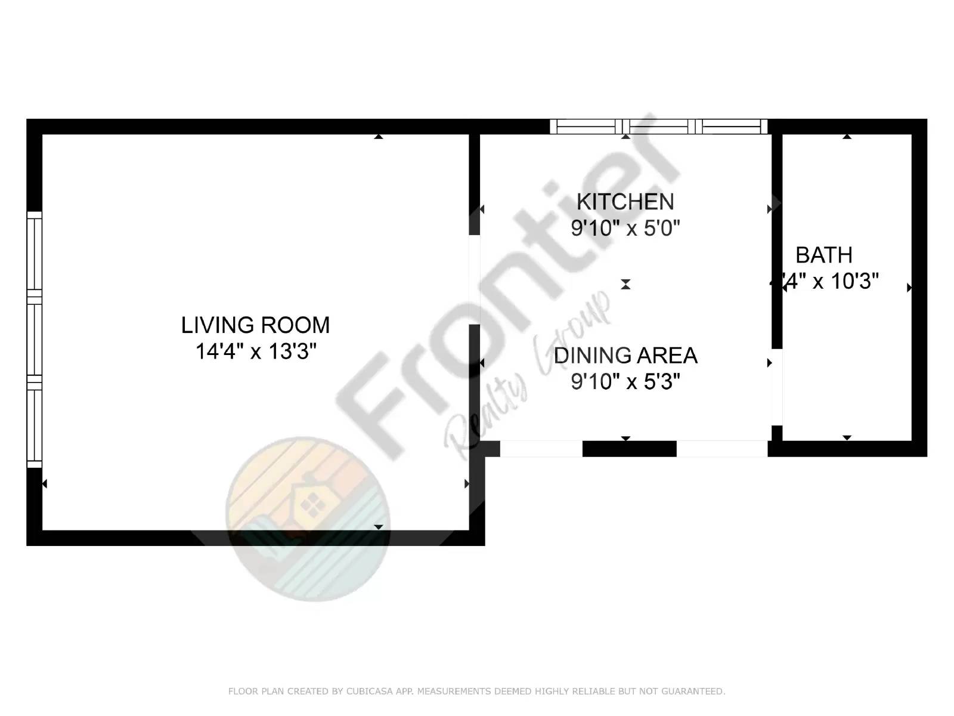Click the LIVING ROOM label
[255, 325]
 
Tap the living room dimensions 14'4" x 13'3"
[255, 351]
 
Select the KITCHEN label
[625, 202]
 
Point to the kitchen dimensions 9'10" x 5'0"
[625, 228]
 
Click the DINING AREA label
[625, 356]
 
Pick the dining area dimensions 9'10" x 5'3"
[625, 381]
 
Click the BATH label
[823, 255]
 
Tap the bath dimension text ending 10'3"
[831, 281]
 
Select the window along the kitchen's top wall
[658, 126]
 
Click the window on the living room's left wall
[35, 340]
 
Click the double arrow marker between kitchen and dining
[625, 285]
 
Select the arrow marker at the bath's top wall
[847, 137]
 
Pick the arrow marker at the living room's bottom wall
[378, 527]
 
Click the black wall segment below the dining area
[629, 449]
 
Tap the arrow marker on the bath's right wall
[909, 288]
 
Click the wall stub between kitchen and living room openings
[475, 185]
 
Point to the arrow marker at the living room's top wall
[378, 137]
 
